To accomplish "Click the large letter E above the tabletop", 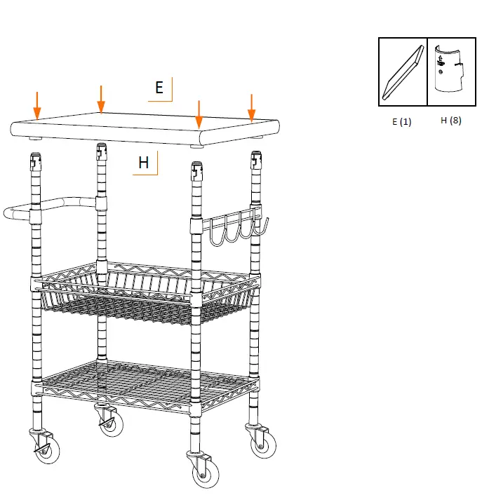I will click(x=159, y=88).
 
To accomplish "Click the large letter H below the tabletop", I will click(x=144, y=163).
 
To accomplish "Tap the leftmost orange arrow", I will click(x=37, y=104).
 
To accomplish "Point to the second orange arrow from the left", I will click(x=101, y=99).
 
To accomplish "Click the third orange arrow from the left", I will click(x=199, y=115).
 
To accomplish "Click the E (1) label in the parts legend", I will click(x=402, y=121).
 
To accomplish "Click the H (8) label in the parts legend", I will click(x=450, y=120).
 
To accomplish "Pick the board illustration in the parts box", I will click(x=403, y=72).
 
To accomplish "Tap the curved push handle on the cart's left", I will click(x=49, y=207).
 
